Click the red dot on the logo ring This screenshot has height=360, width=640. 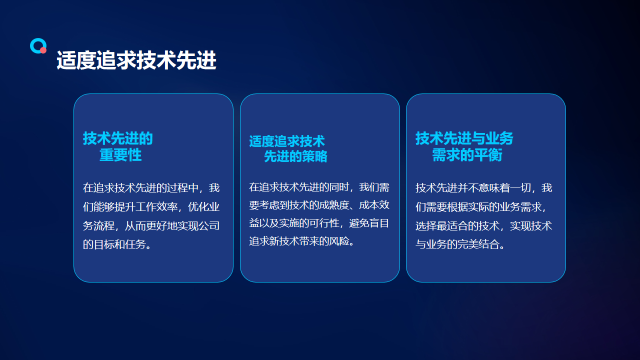point(43,50)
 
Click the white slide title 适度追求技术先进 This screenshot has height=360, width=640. point(136,60)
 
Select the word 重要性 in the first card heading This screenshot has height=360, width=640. point(120,155)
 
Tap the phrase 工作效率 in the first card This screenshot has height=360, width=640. point(156,206)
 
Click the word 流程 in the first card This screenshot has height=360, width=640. point(104,225)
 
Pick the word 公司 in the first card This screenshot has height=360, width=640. point(209,225)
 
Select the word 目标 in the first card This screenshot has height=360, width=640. point(104,244)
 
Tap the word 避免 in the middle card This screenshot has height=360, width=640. point(359,223)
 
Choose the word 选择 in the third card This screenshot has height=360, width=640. point(426,225)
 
